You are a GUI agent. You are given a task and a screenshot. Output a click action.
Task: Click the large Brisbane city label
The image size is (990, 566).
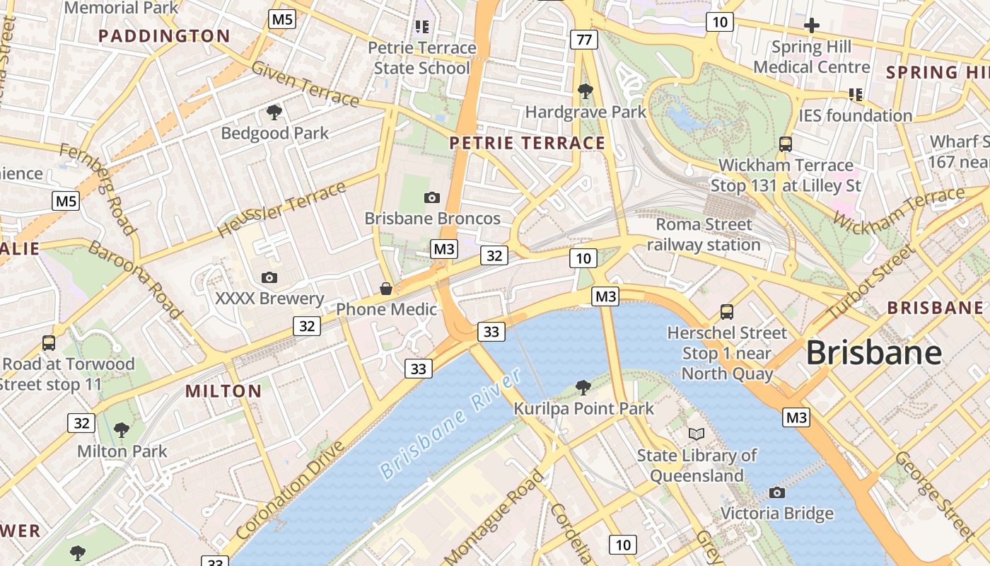point(874,352)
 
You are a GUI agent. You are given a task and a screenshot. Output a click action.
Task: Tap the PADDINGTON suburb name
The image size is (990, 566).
point(164,36)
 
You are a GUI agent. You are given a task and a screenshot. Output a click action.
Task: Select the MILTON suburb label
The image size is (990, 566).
point(223,391)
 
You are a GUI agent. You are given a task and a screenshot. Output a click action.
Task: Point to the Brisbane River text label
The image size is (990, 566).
point(450,424)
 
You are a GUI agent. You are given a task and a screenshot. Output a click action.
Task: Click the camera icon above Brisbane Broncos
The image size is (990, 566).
point(431,197)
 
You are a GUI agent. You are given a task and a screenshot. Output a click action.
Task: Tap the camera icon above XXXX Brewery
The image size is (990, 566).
point(269,277)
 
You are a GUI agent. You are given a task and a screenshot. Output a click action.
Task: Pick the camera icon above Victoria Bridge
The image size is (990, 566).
point(777,492)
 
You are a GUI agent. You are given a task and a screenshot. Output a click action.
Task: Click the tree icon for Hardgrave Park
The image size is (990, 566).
point(585,91)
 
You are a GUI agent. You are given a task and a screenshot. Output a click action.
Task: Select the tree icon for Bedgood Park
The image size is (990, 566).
point(274,112)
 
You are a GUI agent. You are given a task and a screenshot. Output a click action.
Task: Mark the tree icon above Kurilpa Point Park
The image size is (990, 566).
point(583,387)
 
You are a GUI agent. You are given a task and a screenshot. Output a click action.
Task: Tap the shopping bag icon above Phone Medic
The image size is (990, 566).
point(386,288)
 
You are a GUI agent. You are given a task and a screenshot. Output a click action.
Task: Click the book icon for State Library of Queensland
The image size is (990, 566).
point(697,434)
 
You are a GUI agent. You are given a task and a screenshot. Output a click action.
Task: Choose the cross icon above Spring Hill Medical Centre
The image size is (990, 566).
point(811,26)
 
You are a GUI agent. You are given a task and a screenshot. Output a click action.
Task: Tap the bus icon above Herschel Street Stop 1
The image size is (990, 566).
point(726,311)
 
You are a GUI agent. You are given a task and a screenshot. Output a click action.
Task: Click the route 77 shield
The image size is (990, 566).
point(583,40)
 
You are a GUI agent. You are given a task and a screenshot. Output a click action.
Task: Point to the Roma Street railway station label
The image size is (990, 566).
point(704,234)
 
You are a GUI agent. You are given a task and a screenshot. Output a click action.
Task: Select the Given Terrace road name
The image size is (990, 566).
point(305,83)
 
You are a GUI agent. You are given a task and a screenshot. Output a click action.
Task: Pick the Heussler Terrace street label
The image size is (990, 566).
point(281,209)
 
